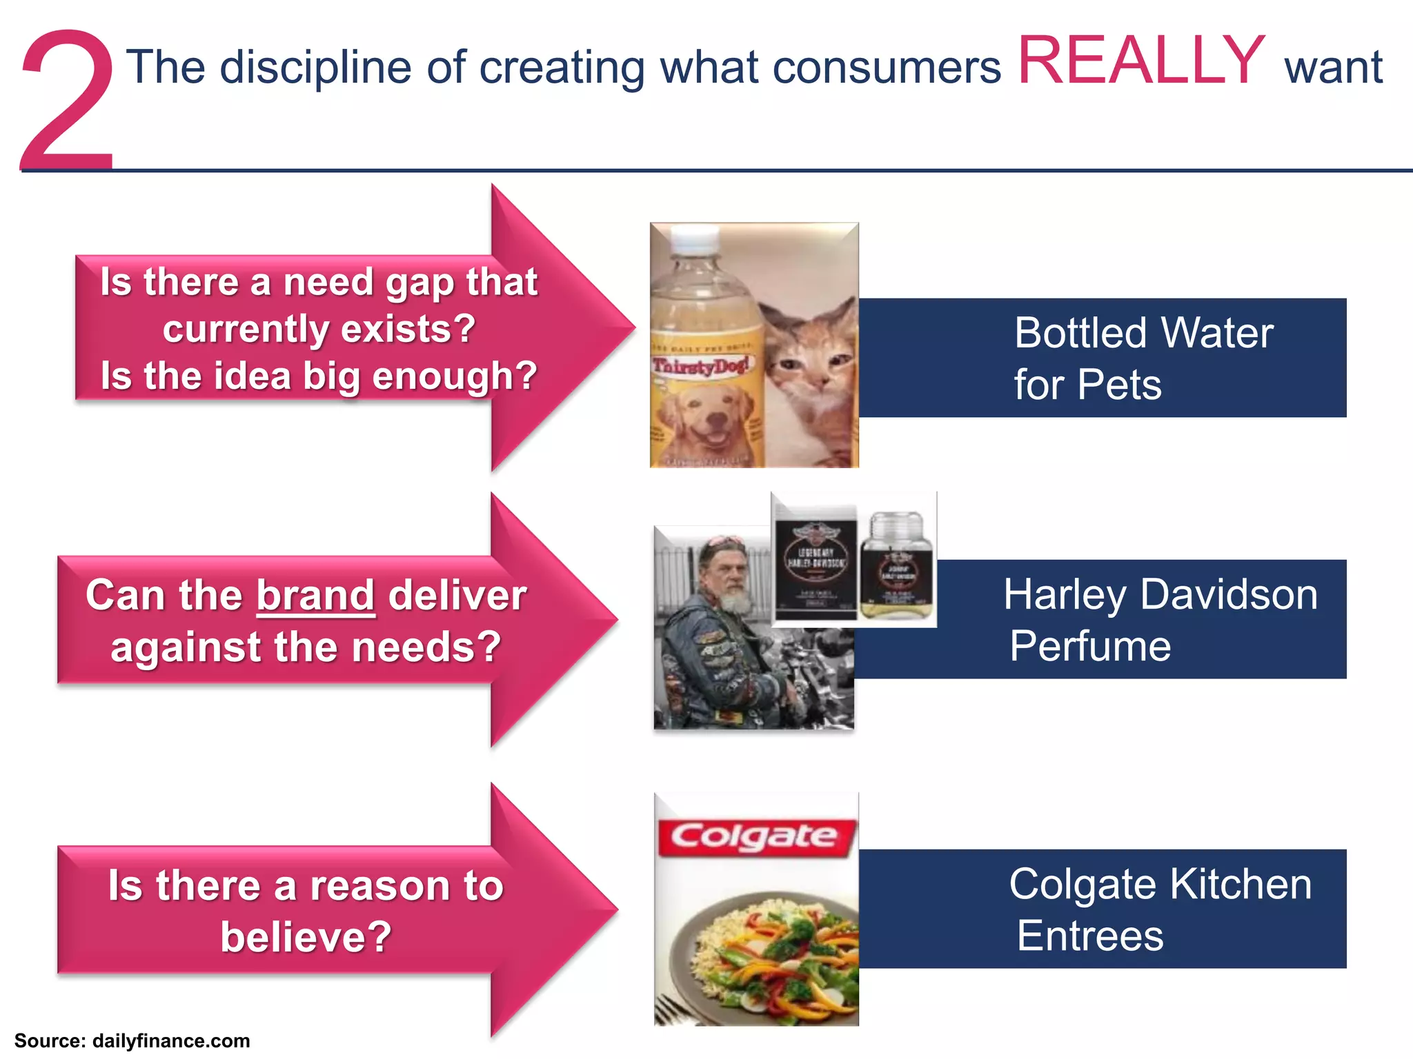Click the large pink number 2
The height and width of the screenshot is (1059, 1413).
click(68, 103)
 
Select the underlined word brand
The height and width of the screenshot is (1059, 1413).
click(315, 595)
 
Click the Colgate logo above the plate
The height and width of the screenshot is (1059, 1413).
click(755, 838)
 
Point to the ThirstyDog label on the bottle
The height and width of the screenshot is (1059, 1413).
click(700, 365)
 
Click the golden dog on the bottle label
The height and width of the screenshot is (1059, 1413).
click(704, 421)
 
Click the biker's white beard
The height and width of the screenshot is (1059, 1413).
click(735, 600)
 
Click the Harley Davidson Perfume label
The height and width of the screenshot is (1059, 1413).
click(1159, 619)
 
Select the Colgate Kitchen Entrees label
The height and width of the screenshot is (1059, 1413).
click(1159, 909)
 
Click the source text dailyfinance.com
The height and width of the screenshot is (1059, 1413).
click(170, 1041)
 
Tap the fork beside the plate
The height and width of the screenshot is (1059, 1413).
click(669, 1010)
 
